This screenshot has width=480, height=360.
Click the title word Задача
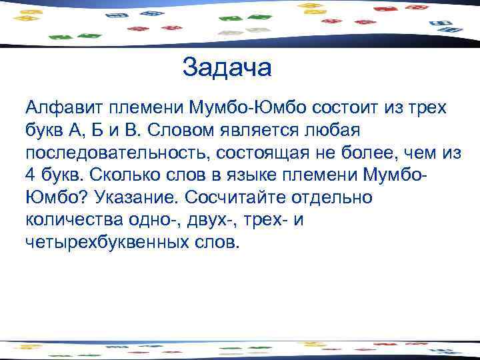pyautogui.click(x=227, y=68)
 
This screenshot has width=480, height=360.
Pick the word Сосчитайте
pyautogui.click(x=242, y=197)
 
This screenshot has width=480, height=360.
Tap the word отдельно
pyautogui.click(x=337, y=197)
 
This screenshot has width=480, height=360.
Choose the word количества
pyautogui.click(x=73, y=220)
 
